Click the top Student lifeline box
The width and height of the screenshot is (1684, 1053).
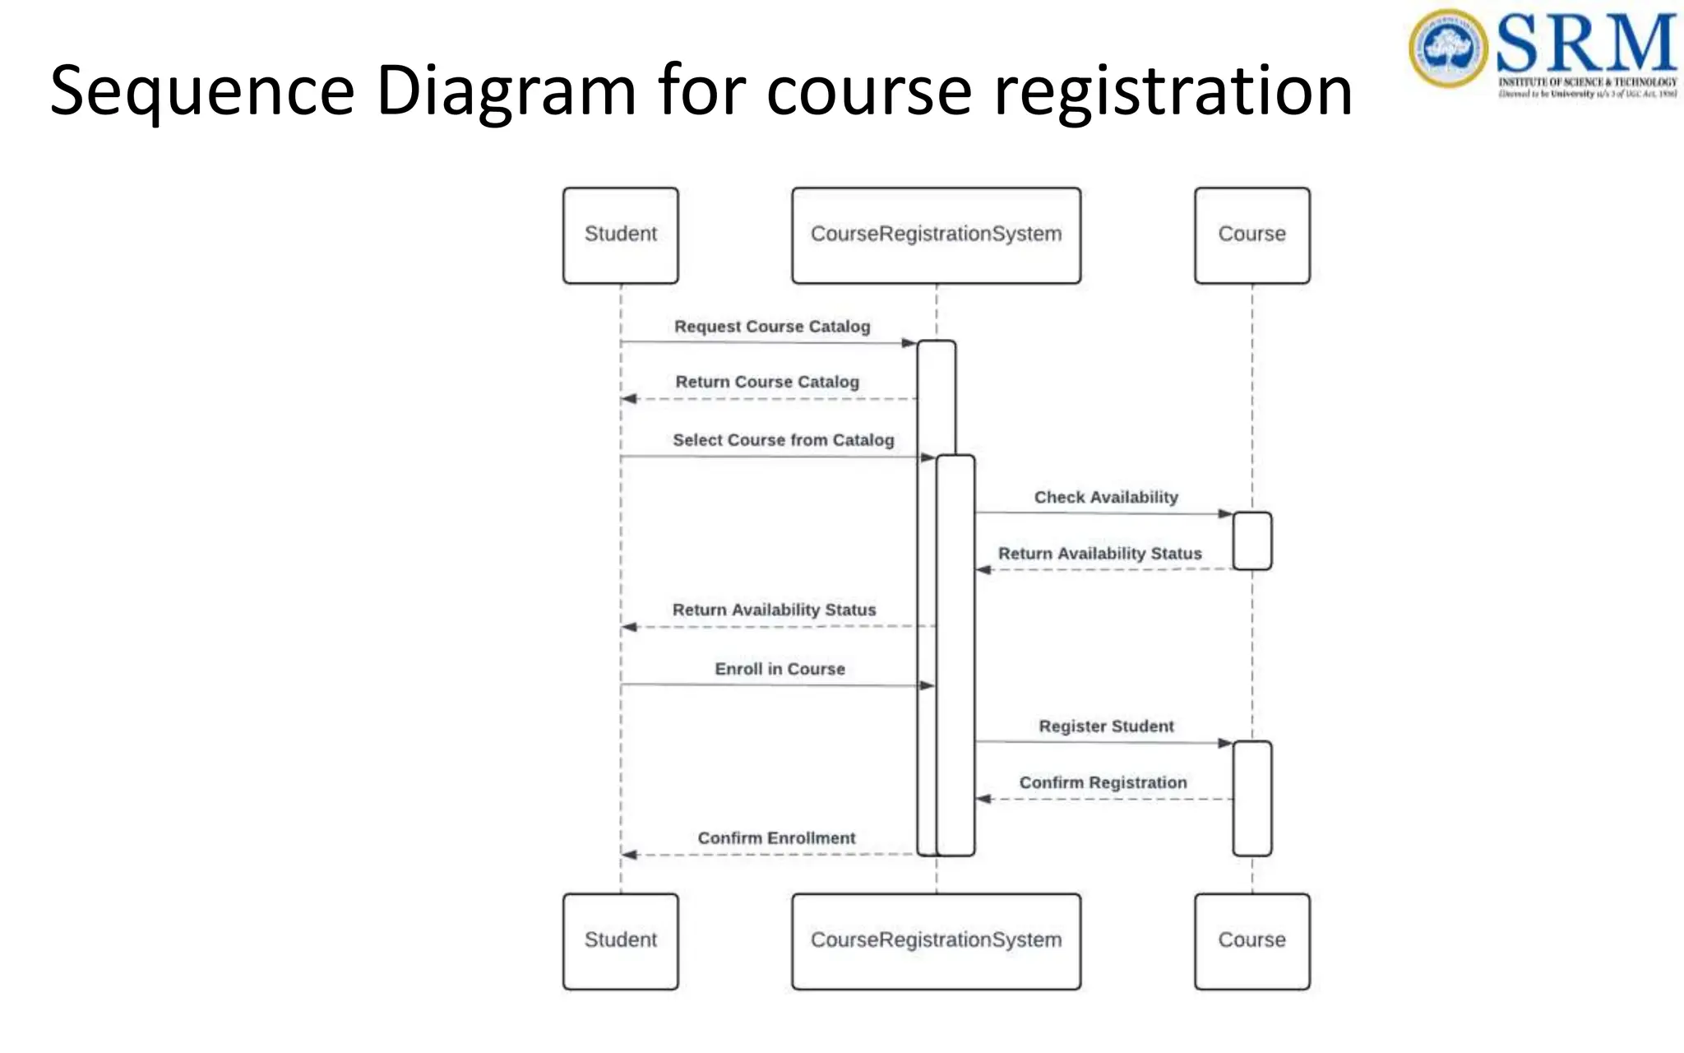[621, 235]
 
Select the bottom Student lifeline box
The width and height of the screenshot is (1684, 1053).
[621, 941]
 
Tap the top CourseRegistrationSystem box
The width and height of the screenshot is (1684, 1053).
[936, 235]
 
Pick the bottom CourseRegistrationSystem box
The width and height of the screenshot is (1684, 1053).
[936, 941]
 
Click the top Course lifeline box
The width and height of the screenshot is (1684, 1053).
[1251, 235]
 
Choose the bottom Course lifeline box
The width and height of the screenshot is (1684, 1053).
[1251, 941]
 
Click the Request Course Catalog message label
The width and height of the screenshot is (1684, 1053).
[772, 327]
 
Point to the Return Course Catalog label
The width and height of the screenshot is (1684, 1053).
[767, 382]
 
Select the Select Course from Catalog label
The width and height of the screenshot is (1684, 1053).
[783, 440]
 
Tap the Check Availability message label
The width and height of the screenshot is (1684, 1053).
[1106, 497]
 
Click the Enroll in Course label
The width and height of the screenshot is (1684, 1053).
[780, 669]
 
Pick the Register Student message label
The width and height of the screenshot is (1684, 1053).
[1106, 726]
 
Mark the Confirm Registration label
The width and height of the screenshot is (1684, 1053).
[1103, 782]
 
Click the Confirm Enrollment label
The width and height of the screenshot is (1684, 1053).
[776, 838]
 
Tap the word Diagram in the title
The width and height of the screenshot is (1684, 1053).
[506, 90]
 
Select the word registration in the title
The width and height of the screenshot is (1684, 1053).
[1173, 90]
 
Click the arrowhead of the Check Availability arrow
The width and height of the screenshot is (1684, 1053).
[1225, 514]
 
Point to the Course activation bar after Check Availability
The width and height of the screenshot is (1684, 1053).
[1251, 540]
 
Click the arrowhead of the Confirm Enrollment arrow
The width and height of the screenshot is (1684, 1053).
[630, 855]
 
